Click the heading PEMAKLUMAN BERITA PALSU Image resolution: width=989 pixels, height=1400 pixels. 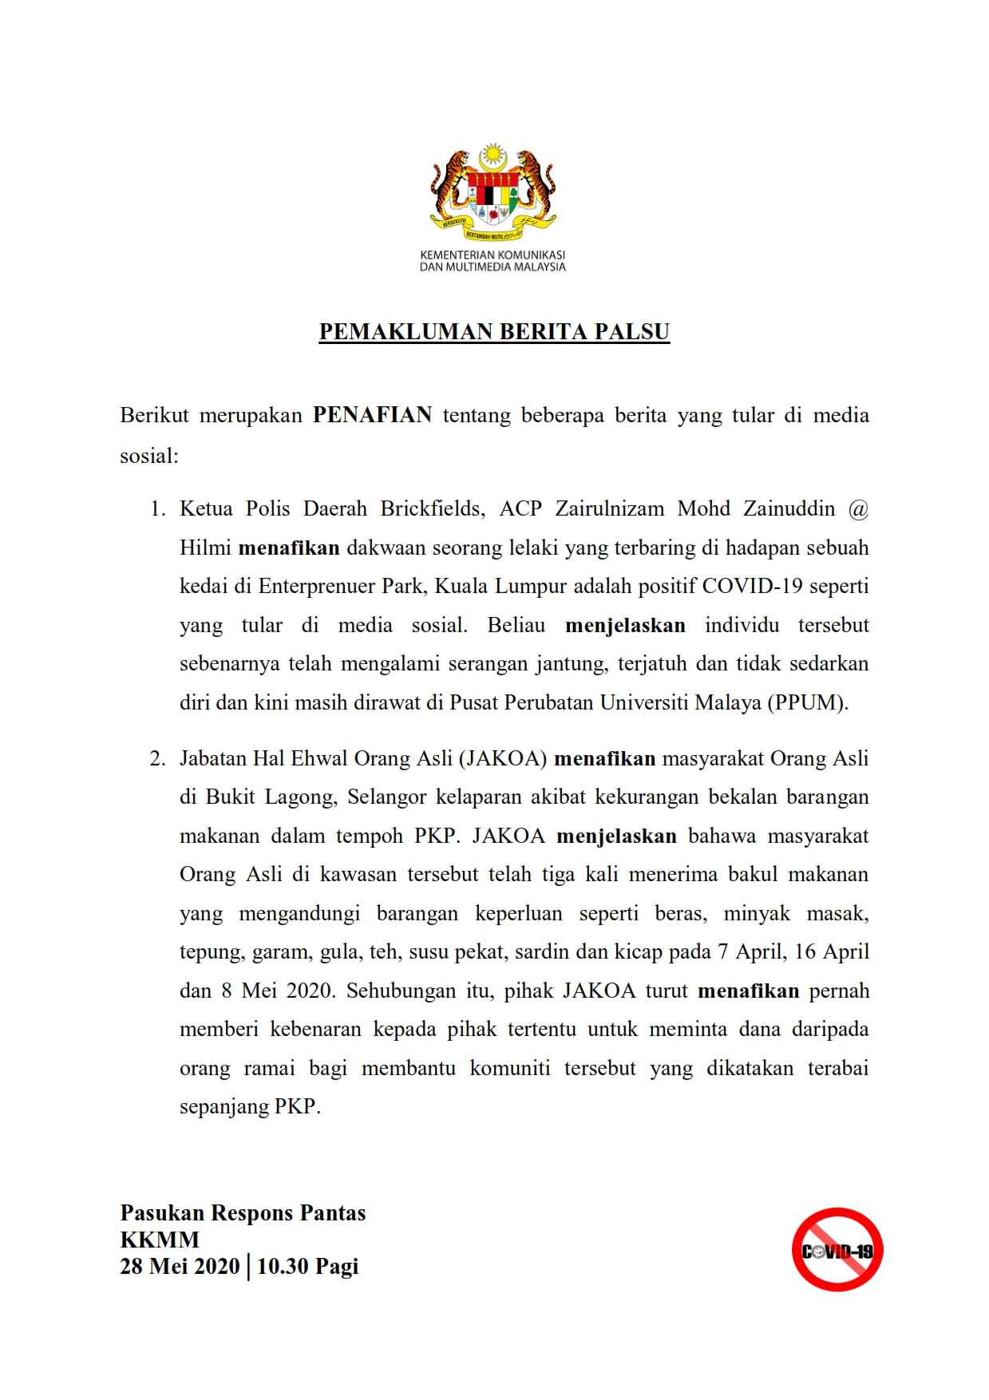coord(494,332)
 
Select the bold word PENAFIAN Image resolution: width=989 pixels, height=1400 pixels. coord(372,415)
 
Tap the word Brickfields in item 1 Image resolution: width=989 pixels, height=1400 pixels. coord(432,508)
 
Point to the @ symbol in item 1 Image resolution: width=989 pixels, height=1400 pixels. coord(858,509)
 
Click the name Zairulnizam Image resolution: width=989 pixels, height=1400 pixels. coord(609,508)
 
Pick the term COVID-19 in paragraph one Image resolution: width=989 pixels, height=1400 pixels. coord(752,586)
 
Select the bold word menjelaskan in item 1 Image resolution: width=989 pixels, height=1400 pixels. coord(625,625)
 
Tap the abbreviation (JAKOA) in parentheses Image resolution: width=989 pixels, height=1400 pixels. coord(503,758)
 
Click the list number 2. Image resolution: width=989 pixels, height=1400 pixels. coord(157,758)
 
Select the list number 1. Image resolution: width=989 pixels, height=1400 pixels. coord(157,509)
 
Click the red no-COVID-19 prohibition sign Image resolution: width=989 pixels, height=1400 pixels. coord(837,1250)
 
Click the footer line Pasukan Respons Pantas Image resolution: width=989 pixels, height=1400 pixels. coord(243,1213)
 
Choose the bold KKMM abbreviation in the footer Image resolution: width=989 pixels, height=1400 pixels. coord(160,1240)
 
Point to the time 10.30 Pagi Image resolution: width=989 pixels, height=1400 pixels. coord(307,1267)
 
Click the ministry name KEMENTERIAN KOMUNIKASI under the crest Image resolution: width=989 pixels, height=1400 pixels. coord(493,255)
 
